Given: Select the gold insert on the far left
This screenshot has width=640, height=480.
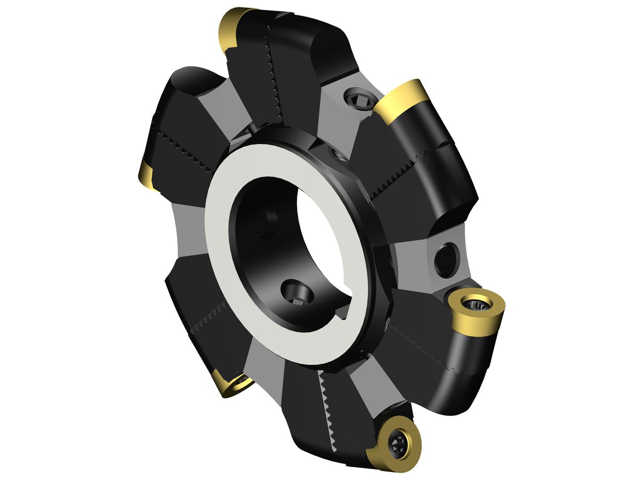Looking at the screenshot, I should [147, 175].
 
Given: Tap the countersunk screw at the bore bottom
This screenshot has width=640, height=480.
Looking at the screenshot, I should [297, 293].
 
